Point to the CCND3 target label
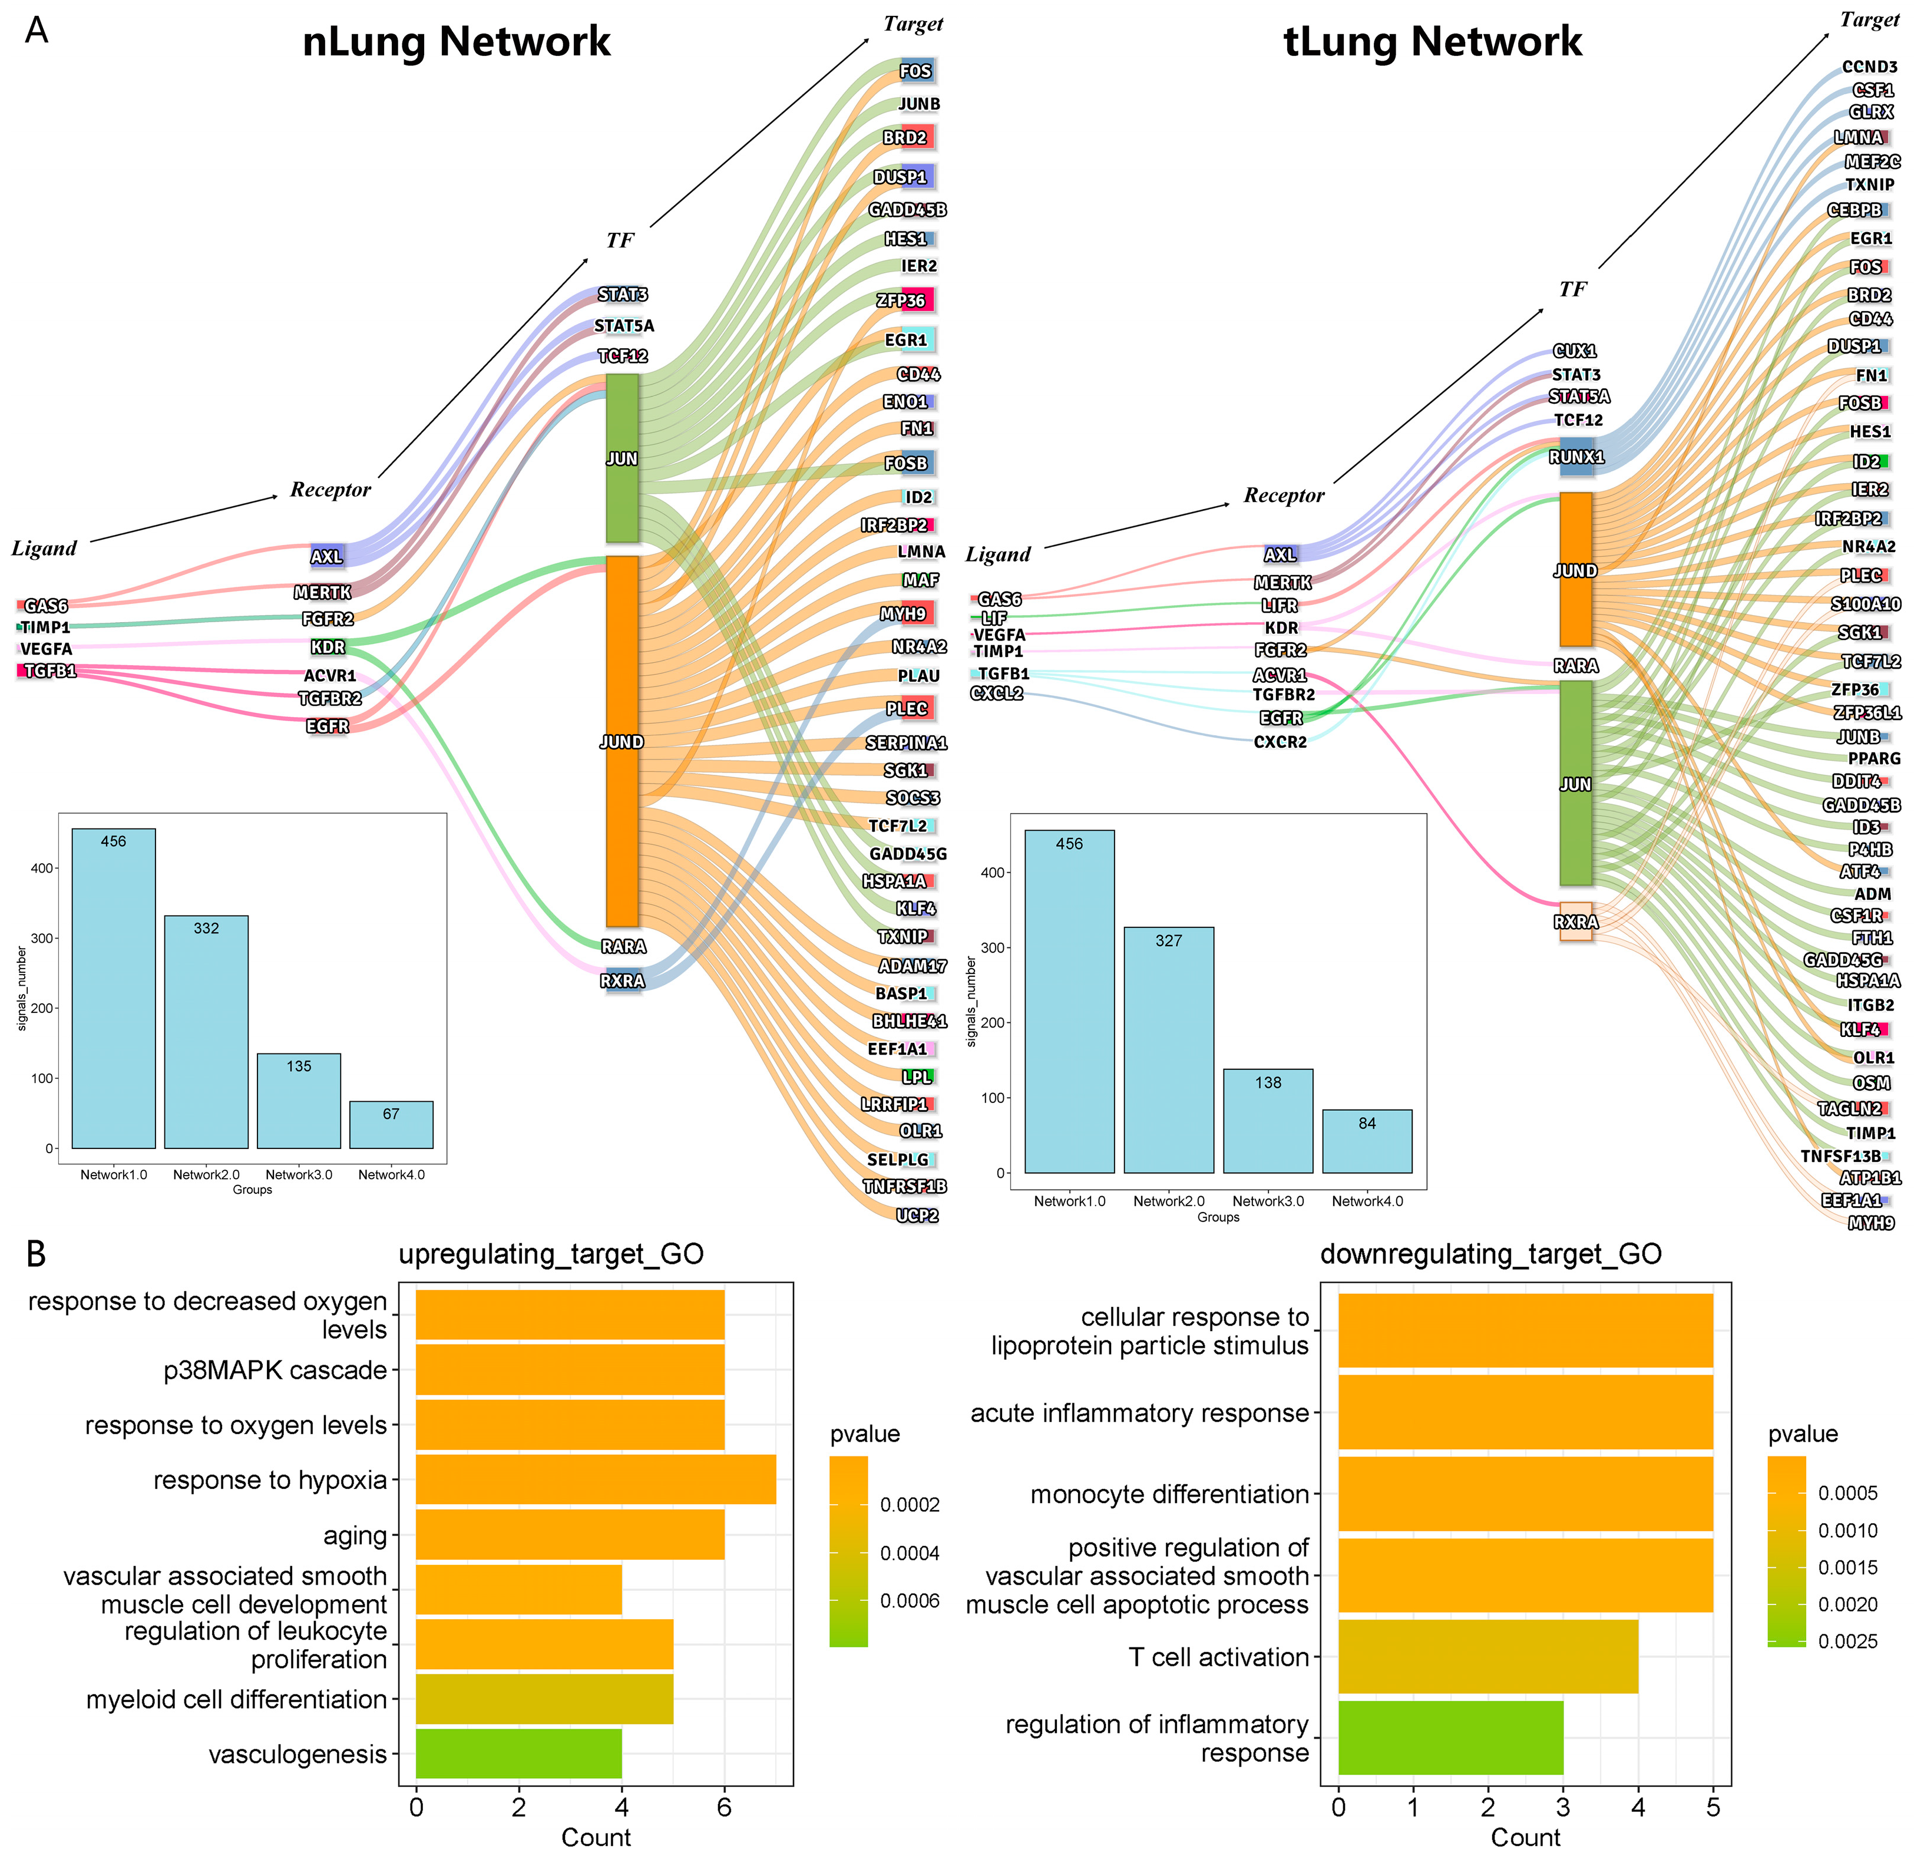[1869, 67]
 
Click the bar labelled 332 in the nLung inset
[206, 1031]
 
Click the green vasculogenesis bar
[518, 1753]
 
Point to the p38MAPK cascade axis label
[275, 1370]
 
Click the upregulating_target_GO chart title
[551, 1254]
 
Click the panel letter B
[37, 1254]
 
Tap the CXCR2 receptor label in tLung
[1280, 742]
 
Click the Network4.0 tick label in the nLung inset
[391, 1174]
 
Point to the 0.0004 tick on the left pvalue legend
[910, 1553]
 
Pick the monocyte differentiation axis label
[1169, 1494]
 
